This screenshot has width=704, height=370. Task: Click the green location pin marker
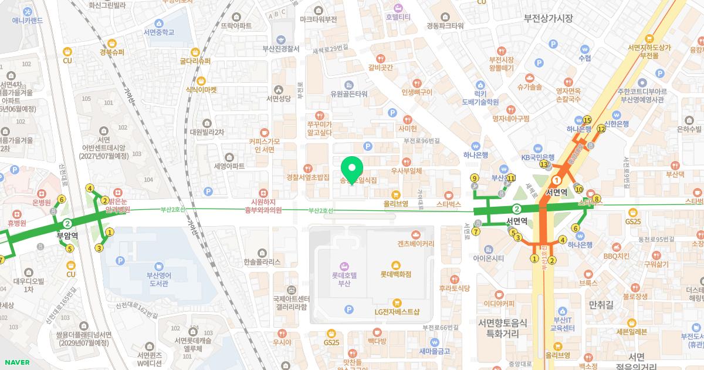point(353,169)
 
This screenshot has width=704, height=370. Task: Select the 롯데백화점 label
point(395,274)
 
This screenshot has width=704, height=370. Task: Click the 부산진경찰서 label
point(282,49)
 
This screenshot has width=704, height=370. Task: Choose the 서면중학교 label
point(154,32)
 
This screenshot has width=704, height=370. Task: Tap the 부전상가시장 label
point(548,18)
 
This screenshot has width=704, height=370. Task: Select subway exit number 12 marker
point(601,129)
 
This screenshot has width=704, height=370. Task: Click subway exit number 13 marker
point(544,164)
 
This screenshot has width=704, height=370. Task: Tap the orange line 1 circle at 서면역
point(557,181)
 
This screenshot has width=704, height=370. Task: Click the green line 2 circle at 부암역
point(68,223)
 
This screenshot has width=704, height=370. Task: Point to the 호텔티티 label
point(398,17)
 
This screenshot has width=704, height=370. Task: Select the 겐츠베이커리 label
point(415,243)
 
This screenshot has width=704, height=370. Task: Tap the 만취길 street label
point(600,304)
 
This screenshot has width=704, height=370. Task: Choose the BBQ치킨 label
point(616,256)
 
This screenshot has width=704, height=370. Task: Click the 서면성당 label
point(279,98)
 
